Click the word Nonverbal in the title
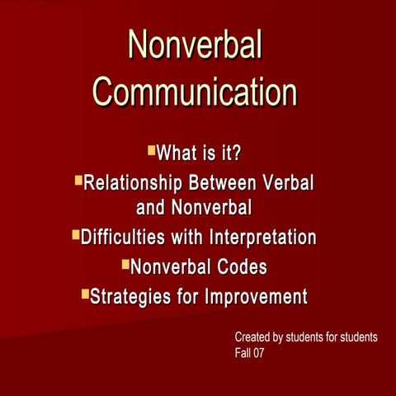point(195,45)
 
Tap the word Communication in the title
point(195,92)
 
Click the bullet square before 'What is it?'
point(151,150)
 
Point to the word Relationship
point(135,181)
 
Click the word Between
point(231,181)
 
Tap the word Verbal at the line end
point(292,181)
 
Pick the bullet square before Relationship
point(78,178)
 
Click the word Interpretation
point(262,238)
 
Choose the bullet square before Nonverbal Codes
point(125,264)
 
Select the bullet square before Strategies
point(84,293)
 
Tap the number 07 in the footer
point(258,353)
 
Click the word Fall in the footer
point(243,353)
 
